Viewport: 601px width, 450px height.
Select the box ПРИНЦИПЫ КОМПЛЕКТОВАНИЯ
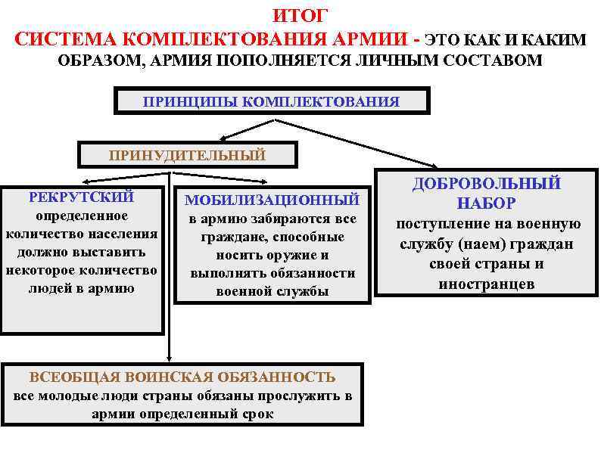[271, 101]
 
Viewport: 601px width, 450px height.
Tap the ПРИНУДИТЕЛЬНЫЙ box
[187, 156]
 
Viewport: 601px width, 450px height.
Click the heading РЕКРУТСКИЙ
[81, 197]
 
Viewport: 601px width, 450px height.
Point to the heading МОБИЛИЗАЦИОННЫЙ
[272, 200]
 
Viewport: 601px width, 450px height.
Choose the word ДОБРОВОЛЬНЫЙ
[486, 183]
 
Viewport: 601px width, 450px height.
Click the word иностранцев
[486, 284]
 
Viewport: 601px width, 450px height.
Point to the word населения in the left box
[120, 234]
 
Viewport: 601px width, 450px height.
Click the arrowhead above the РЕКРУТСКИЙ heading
[86, 181]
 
